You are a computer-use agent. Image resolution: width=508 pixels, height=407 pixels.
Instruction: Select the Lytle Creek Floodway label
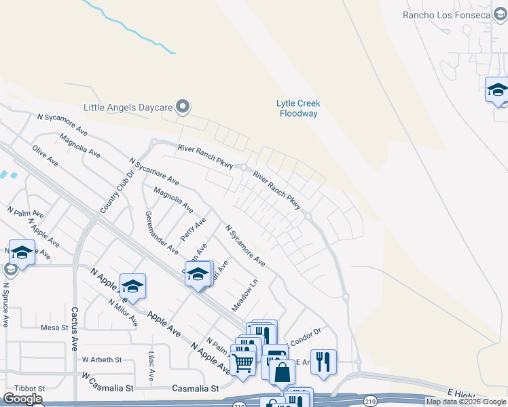[x=297, y=108]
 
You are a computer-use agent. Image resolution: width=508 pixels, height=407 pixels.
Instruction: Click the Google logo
[x=22, y=399]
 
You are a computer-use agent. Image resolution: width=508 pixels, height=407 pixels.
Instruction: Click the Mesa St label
[x=55, y=327]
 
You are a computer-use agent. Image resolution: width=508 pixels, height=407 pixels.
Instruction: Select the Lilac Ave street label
[x=151, y=365]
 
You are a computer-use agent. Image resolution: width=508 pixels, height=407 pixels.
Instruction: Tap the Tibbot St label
[x=32, y=388]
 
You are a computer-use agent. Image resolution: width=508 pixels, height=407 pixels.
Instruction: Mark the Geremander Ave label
[x=160, y=232]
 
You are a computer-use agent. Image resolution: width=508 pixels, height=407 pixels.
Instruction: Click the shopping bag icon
[x=282, y=372]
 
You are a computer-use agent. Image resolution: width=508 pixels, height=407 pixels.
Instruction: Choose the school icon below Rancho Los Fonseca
[x=497, y=90]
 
